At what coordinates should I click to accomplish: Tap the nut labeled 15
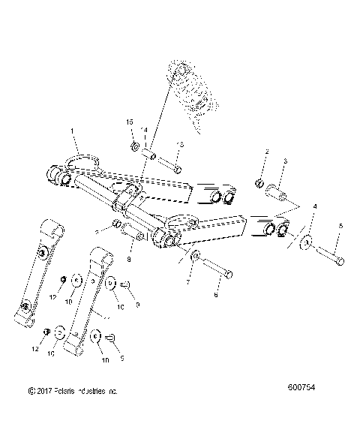pos(133,146)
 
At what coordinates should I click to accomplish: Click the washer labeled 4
pos(306,241)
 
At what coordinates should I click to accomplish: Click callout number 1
pos(73,131)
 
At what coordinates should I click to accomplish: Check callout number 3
pos(285,161)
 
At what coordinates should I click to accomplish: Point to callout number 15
pos(129,122)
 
